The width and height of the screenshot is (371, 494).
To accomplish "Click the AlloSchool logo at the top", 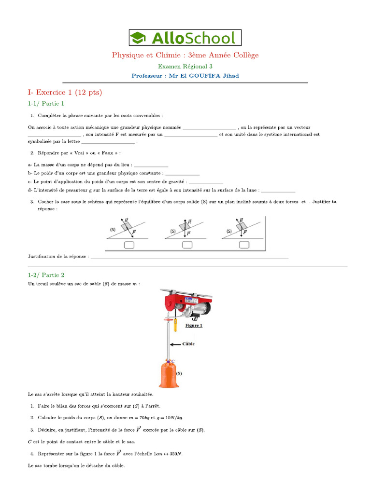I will coord(185,38).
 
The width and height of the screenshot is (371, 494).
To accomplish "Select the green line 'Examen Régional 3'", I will coord(185,66).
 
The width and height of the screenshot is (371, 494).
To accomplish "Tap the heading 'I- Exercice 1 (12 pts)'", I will coord(65,92).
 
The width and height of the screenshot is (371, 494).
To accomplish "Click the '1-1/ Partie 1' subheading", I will coord(46,103).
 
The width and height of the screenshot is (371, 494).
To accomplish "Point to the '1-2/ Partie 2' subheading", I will coord(46,274).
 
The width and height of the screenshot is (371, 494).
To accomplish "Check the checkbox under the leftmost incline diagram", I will coord(129,245).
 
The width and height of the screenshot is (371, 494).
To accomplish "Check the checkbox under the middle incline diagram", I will coord(187,245).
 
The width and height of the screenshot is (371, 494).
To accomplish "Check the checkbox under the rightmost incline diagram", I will coord(244,245).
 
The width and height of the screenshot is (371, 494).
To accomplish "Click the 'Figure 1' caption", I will coord(194,326).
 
